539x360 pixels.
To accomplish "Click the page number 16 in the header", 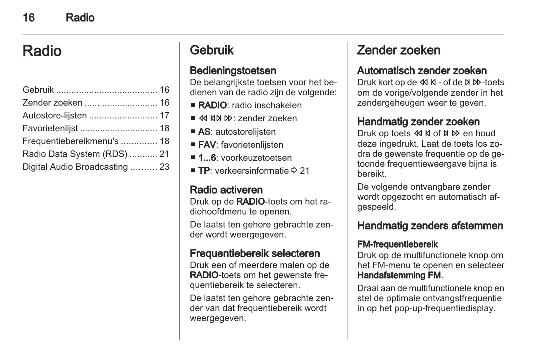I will click(x=29, y=18).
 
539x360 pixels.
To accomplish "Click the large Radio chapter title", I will click(x=42, y=51).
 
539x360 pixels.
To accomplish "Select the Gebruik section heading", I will click(x=212, y=50).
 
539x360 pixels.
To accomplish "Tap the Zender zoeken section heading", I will click(x=399, y=50).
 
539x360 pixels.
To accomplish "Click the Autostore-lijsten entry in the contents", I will click(x=55, y=116).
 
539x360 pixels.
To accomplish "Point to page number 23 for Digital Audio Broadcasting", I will click(x=164, y=167).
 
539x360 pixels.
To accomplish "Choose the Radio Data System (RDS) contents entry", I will click(x=75, y=154).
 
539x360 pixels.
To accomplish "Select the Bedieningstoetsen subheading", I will click(x=233, y=71).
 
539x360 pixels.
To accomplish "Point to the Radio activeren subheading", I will click(x=226, y=190).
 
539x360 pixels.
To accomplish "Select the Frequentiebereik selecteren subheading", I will click(x=255, y=253).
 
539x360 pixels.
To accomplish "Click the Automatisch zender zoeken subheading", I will click(x=422, y=71).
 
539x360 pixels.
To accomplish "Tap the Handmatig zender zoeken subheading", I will click(x=418, y=122).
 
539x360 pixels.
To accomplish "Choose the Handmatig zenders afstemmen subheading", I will click(x=430, y=226).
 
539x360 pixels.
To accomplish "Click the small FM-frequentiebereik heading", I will click(x=398, y=244).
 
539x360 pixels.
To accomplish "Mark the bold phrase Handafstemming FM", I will click(x=399, y=275).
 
